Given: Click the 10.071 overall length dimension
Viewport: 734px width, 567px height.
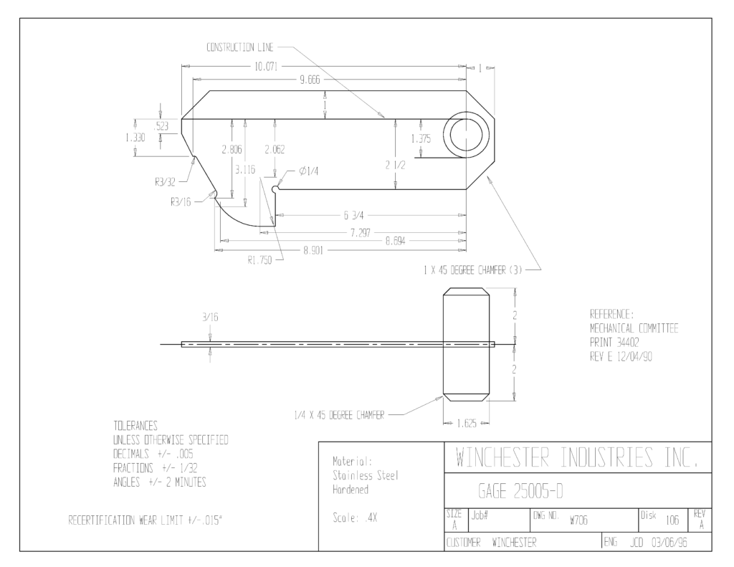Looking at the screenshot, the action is (266, 67).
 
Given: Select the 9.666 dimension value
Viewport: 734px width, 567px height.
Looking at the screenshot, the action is (310, 80).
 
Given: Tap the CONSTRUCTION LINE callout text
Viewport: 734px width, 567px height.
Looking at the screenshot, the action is (240, 47).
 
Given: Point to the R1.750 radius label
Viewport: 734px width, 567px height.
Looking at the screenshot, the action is (259, 260).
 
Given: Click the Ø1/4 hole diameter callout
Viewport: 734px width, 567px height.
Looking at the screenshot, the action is (309, 171).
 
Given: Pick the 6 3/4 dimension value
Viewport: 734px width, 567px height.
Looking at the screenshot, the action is (353, 215).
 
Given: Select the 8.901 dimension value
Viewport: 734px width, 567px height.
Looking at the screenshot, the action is (313, 250).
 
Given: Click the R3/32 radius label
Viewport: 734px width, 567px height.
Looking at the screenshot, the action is (166, 181).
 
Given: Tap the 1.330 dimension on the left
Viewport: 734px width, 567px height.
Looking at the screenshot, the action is (135, 138).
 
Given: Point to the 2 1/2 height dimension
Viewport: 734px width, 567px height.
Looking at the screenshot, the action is (396, 165).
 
